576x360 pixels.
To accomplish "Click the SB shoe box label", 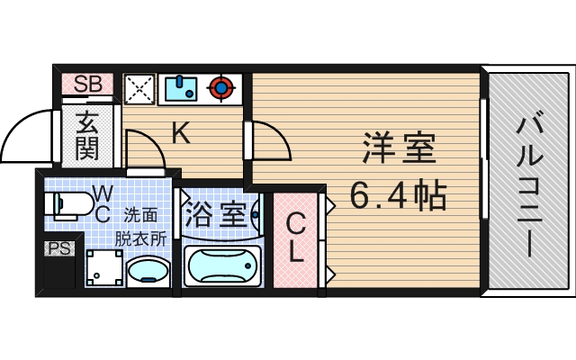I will coord(87,85).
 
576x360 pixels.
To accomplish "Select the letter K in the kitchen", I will coord(180,134).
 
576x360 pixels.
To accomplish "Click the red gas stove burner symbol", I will coord(221,88).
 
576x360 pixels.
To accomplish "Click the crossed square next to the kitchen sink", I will coord(139,88).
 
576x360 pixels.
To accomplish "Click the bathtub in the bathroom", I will coord(221,266).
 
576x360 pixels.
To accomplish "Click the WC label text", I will coord(103,203).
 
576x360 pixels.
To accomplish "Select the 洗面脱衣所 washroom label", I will coord(139,227).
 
